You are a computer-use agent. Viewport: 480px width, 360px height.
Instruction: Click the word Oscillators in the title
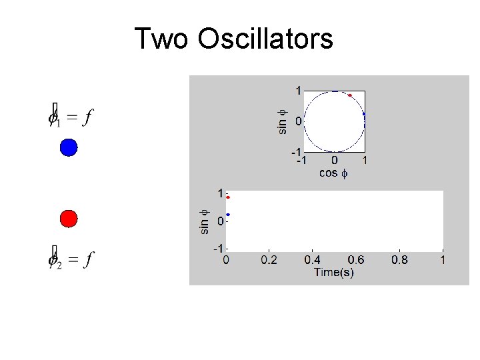(x=265, y=39)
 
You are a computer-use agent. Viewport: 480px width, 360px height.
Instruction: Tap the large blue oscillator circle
(x=69, y=147)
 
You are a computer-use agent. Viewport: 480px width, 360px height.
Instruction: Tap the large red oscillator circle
(x=69, y=218)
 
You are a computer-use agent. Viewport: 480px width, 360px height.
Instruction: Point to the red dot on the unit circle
(x=349, y=95)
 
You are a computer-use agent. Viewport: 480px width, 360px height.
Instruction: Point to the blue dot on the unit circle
(x=364, y=115)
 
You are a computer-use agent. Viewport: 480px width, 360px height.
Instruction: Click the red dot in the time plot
(x=228, y=197)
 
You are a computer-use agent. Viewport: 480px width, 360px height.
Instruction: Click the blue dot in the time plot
(x=228, y=215)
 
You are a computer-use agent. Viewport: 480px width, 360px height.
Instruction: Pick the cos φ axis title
(x=333, y=173)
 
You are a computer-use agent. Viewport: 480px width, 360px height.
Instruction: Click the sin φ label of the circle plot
(x=282, y=121)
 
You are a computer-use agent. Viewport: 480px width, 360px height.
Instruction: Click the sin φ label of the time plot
(x=205, y=221)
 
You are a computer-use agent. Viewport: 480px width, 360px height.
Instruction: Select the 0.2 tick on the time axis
(x=269, y=260)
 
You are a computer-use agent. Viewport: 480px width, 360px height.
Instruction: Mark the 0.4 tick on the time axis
(x=313, y=260)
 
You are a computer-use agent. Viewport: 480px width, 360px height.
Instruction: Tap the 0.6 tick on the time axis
(x=356, y=260)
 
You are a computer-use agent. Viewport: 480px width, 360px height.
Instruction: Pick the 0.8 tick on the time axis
(x=399, y=260)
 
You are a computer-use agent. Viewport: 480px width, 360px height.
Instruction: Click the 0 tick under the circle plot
(x=334, y=161)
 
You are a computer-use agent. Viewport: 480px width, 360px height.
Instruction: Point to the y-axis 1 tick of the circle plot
(x=299, y=90)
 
